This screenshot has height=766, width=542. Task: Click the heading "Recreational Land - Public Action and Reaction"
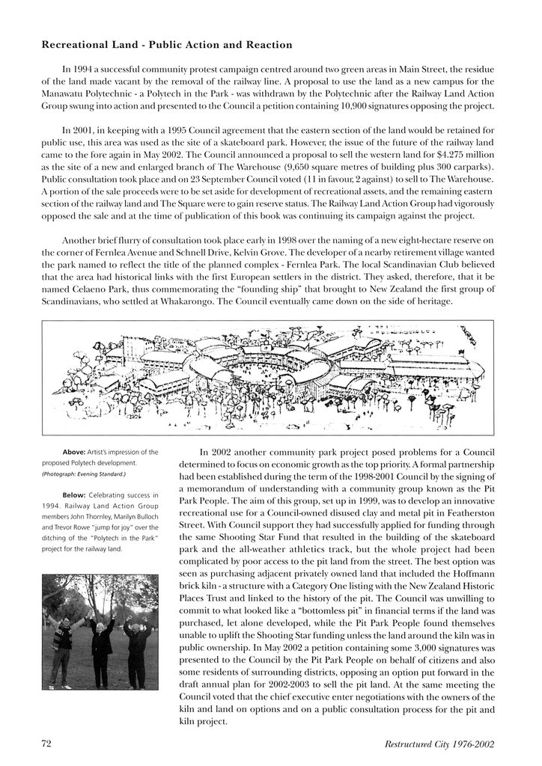coord(167,46)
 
